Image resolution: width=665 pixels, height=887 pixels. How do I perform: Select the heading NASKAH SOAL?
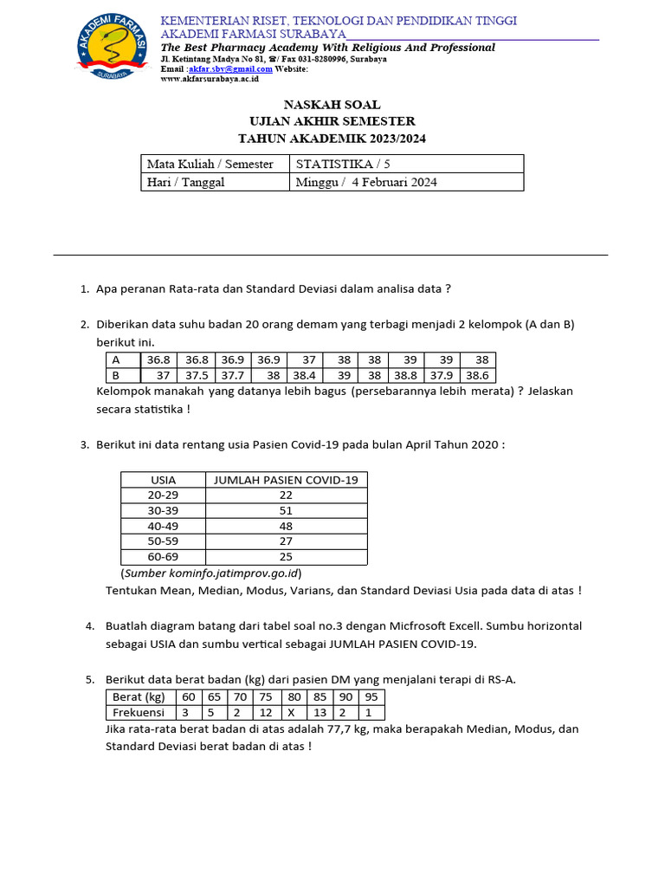point(332,105)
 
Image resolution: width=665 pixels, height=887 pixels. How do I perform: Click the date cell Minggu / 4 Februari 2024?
point(366,182)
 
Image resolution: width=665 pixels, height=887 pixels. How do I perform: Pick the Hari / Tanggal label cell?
point(185,182)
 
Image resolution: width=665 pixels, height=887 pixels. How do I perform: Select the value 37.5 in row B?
point(197,376)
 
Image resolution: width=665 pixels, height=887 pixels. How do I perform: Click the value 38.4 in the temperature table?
point(304,376)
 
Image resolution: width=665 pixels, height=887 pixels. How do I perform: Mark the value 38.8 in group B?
point(405,376)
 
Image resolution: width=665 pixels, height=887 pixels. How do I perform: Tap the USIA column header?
point(163,480)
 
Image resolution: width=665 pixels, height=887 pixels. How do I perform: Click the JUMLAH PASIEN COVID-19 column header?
point(286,480)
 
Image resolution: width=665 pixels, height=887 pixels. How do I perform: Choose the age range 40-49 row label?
point(163,526)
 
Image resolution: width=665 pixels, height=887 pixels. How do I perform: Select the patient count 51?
point(286,510)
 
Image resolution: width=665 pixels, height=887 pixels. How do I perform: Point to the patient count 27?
point(286,541)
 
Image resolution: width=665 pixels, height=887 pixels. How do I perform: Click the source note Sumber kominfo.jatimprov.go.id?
point(211,573)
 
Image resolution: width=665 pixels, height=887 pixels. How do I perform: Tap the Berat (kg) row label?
point(139,696)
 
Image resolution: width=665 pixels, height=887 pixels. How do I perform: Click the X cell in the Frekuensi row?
point(293,713)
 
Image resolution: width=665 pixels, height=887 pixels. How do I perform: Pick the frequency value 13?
point(320,713)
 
